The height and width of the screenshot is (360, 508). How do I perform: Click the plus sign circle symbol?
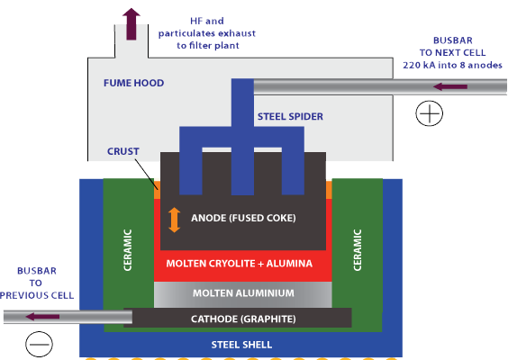430,113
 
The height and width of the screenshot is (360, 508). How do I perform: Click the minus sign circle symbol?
40,344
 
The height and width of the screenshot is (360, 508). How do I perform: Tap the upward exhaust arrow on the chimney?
132,24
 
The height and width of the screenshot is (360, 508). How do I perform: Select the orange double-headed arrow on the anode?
175,220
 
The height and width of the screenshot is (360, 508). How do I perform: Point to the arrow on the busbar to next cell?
450,86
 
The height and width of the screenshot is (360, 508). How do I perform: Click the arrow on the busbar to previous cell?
42,317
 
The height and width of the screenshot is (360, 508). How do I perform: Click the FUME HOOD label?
134,83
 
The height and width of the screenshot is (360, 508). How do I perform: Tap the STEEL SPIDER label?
290,116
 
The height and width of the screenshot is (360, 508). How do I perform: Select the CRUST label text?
123,151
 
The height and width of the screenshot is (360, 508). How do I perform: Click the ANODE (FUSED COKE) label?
243,218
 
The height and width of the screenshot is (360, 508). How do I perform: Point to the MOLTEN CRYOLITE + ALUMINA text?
240,264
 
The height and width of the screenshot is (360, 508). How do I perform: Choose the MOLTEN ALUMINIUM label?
243,293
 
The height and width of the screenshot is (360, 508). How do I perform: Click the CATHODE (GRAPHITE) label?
243,319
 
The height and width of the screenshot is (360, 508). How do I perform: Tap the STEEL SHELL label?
241,345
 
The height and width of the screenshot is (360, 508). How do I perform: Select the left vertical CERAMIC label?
128,250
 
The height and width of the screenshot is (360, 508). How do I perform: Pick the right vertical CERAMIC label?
358,250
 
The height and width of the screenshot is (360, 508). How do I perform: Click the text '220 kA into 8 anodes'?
452,65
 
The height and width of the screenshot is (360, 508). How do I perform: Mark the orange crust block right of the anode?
329,190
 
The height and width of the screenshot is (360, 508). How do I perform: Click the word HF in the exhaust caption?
197,21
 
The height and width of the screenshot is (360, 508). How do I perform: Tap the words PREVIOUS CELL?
37,295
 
